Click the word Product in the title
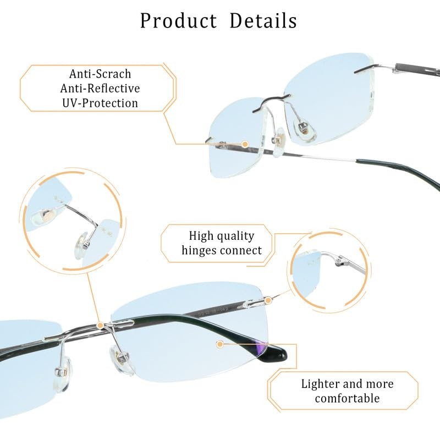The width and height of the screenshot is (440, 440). click(178, 21)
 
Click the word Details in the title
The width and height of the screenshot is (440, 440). click(263, 21)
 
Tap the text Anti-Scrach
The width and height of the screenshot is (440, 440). click(100, 74)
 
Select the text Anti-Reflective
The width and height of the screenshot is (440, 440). click(100, 89)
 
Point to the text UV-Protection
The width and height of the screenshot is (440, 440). click(100, 103)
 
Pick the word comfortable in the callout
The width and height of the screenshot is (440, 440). click(347, 398)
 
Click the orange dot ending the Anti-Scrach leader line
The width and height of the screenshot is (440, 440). click(245, 144)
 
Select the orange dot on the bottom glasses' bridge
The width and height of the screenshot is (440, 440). click(100, 326)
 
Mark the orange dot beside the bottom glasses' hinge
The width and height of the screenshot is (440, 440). click(268, 300)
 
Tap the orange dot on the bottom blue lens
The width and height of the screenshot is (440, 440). click(220, 344)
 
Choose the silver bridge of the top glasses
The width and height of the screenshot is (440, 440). click(271, 102)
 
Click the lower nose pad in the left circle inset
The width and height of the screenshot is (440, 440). click(84, 241)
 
